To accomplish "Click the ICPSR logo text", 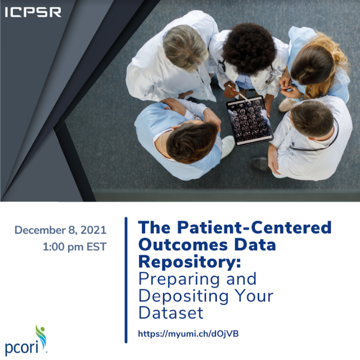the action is pos(33,12).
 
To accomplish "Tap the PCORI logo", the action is pos(26,340).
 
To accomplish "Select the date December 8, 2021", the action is pos(60,230).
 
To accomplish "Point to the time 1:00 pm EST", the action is pos(75,247).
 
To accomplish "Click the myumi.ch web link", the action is pos(188,334).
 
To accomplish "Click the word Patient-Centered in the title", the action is pos(254,227).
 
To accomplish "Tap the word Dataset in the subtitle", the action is pos(171,312).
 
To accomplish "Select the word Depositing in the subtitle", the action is pos(183,296).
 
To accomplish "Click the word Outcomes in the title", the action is pos(183,245).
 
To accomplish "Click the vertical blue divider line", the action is pos(126,280).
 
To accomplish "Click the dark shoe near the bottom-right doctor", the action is pos(260,164).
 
